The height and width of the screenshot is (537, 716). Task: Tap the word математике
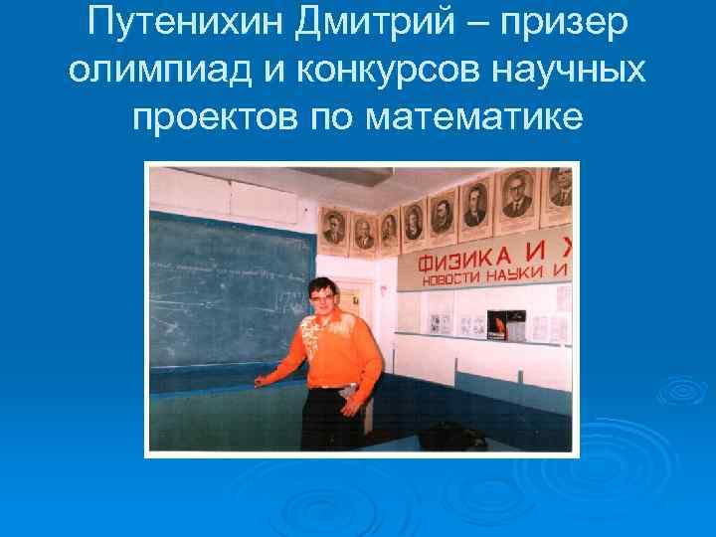click(x=467, y=118)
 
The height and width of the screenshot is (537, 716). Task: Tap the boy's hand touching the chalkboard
click(x=261, y=380)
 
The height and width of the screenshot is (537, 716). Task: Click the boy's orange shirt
click(x=337, y=348)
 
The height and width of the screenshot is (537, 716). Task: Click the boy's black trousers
click(x=327, y=418)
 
